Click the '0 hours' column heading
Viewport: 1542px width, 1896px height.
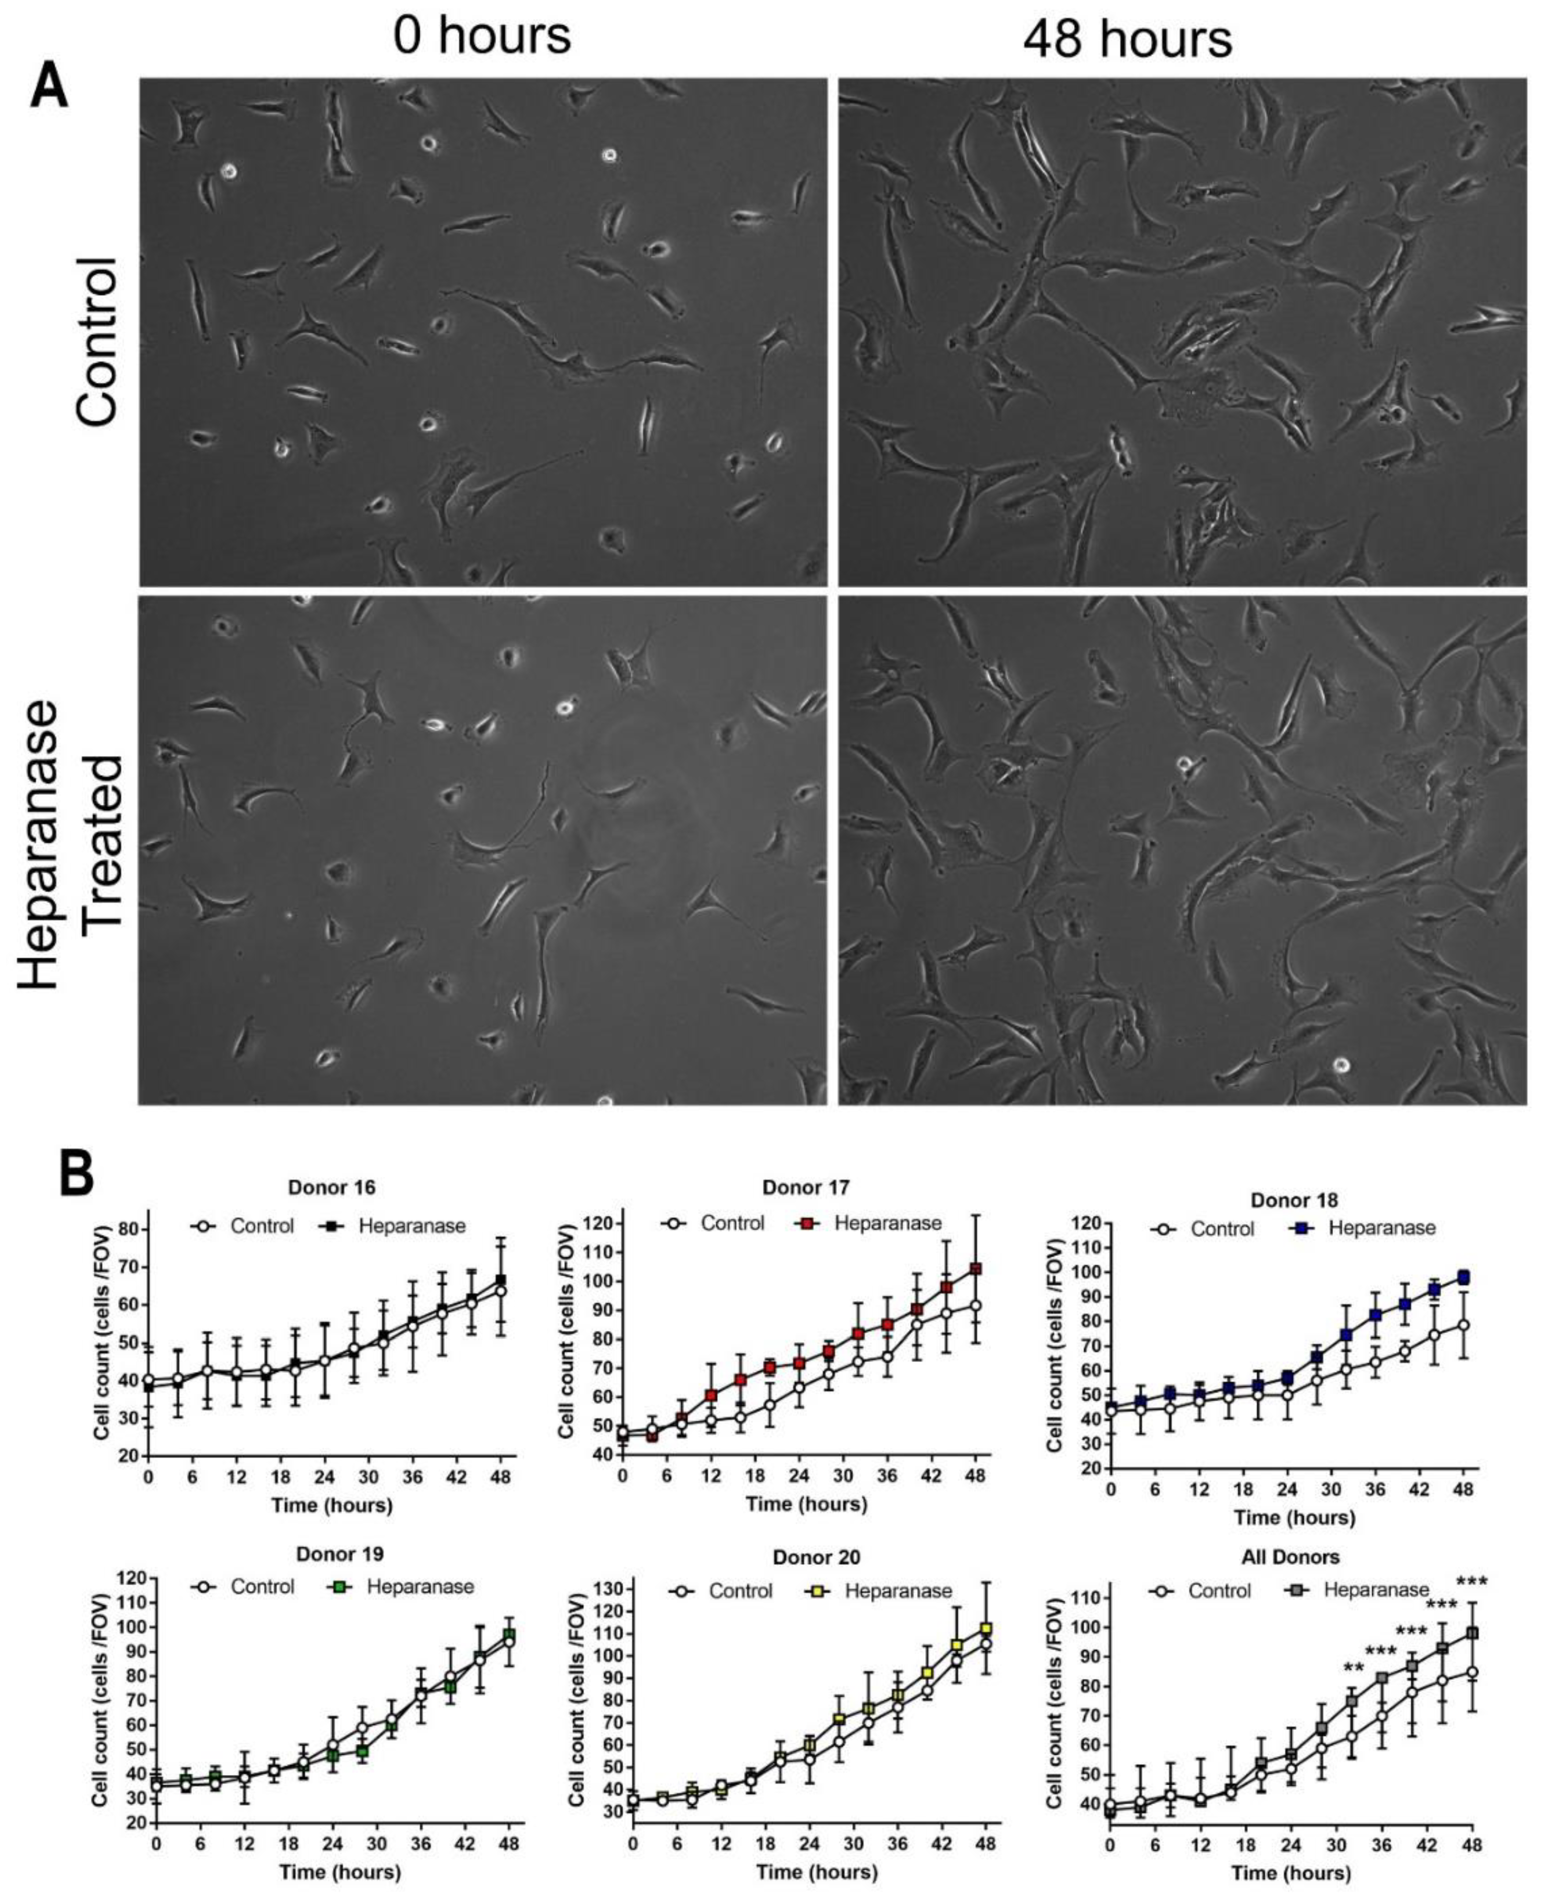click(482, 37)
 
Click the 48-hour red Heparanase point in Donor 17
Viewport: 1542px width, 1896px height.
click(975, 1269)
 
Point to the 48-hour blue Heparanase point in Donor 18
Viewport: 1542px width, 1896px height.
click(1463, 1278)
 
